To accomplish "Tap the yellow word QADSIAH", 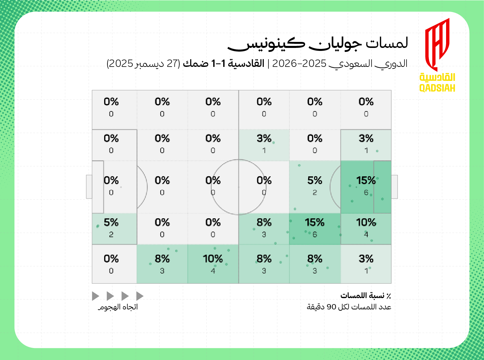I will coord(437,88).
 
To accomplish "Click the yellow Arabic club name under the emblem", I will coord(437,77).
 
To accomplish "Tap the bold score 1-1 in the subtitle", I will coord(219,63).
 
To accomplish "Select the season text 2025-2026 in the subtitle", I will coord(299,64).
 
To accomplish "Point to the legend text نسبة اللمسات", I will coord(362,295).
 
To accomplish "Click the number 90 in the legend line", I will coord(332,307).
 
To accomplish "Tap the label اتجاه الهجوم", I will coord(118,307).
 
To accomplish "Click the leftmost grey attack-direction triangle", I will coord(95,296).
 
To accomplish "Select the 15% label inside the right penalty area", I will coord(366,180).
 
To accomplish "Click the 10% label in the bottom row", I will coord(213,259).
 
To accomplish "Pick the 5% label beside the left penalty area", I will coord(111,222).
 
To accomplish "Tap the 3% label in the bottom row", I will coord(366,259).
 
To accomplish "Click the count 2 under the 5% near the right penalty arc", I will coord(315,192).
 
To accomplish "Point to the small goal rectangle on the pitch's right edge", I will coord(394,187).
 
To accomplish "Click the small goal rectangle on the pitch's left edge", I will coord(89,187).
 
